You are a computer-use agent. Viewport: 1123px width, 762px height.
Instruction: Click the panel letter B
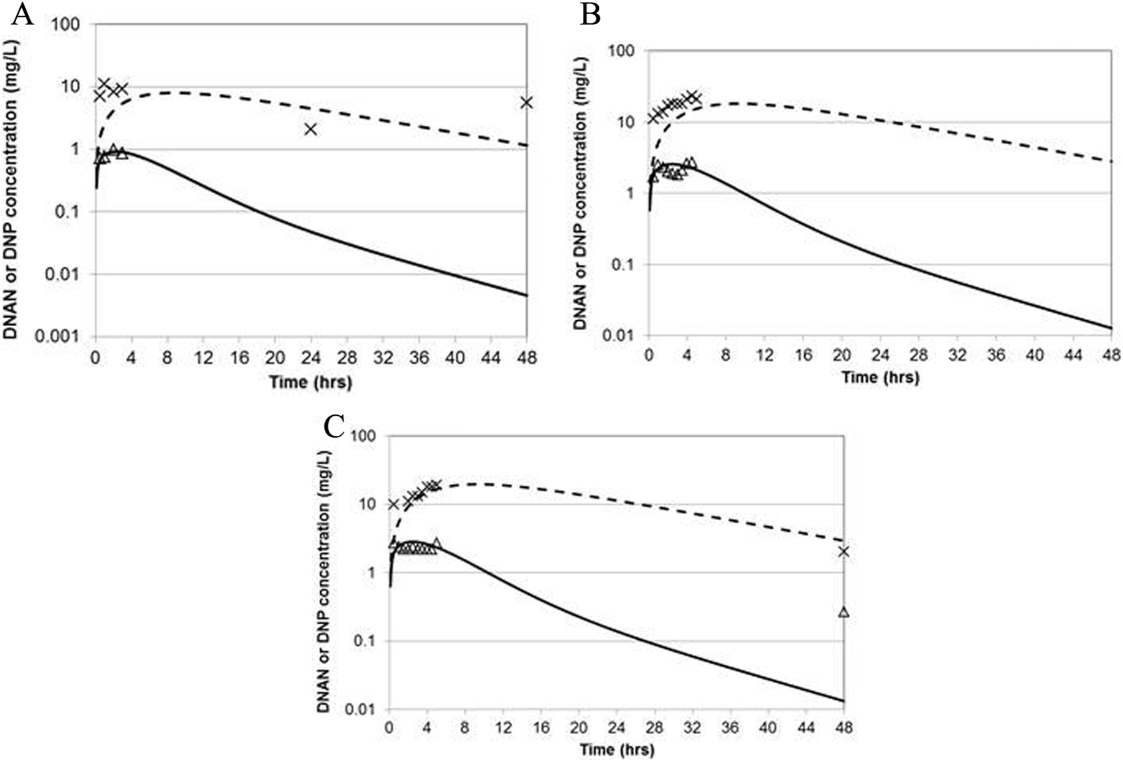tap(590, 14)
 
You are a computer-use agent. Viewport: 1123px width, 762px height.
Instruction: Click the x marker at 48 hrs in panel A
tap(527, 102)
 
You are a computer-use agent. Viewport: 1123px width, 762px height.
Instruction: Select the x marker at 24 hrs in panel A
tap(311, 129)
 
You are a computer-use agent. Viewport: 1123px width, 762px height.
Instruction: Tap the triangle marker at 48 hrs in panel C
tap(844, 612)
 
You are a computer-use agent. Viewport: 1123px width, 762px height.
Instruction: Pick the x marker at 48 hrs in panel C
tap(844, 551)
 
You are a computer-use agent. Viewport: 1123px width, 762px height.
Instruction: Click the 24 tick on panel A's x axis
tap(311, 358)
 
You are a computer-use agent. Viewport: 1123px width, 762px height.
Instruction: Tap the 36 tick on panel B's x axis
tap(996, 354)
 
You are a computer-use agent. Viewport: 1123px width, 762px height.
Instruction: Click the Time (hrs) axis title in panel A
tap(310, 382)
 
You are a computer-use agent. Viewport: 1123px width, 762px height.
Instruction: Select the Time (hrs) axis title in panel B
tap(880, 377)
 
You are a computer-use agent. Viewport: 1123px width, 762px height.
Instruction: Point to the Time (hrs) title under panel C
tap(616, 749)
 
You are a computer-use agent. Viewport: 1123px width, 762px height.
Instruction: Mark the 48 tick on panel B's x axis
tap(1112, 354)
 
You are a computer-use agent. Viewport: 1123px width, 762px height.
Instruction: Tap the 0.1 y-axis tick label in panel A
tap(75, 212)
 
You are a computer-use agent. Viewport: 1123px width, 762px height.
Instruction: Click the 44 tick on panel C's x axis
tap(806, 727)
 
